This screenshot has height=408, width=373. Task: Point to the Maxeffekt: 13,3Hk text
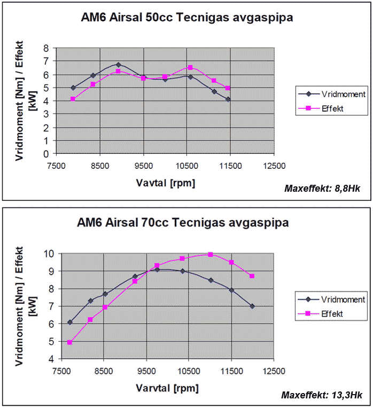(322, 395)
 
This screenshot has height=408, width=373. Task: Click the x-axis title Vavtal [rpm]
(165, 183)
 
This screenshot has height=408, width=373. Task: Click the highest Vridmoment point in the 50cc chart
(119, 65)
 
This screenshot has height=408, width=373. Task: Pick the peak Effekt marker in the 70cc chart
(211, 254)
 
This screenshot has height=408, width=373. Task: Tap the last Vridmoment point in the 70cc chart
(252, 306)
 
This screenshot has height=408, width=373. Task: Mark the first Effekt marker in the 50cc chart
(73, 99)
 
